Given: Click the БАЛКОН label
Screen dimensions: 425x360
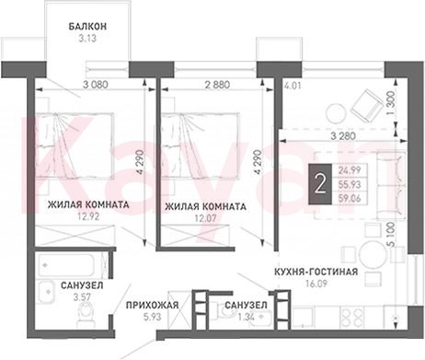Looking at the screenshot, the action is [87, 27].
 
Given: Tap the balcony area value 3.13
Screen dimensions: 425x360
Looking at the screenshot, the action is [87, 39].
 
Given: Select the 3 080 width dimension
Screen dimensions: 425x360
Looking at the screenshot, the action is [96, 84].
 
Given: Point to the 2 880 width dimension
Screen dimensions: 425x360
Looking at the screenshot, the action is [217, 84].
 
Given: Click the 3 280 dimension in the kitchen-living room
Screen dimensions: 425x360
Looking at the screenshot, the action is [343, 135].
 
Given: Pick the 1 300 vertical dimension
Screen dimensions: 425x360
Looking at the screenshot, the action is [390, 103].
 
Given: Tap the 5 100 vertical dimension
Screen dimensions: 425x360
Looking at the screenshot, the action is [390, 236].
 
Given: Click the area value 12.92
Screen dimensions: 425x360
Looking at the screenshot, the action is [88, 217].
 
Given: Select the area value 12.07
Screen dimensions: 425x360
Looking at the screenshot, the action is [206, 218].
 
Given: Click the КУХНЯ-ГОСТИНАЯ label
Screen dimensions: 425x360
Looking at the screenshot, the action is [316, 272].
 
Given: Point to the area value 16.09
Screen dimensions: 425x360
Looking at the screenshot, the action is [316, 284].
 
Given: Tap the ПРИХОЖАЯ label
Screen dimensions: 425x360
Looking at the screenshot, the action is [153, 305].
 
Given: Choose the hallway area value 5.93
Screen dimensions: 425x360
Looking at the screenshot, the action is [152, 317].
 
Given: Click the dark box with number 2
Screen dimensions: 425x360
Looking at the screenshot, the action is [320, 184].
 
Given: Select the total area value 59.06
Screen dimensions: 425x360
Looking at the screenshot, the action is [350, 199].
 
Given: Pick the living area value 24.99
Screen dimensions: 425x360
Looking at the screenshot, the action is [350, 170].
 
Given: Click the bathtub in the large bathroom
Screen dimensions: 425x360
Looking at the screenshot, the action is [71, 265].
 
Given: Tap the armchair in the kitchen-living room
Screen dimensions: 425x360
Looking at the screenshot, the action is [366, 106].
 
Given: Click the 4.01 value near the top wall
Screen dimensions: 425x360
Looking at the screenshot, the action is [292, 85].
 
